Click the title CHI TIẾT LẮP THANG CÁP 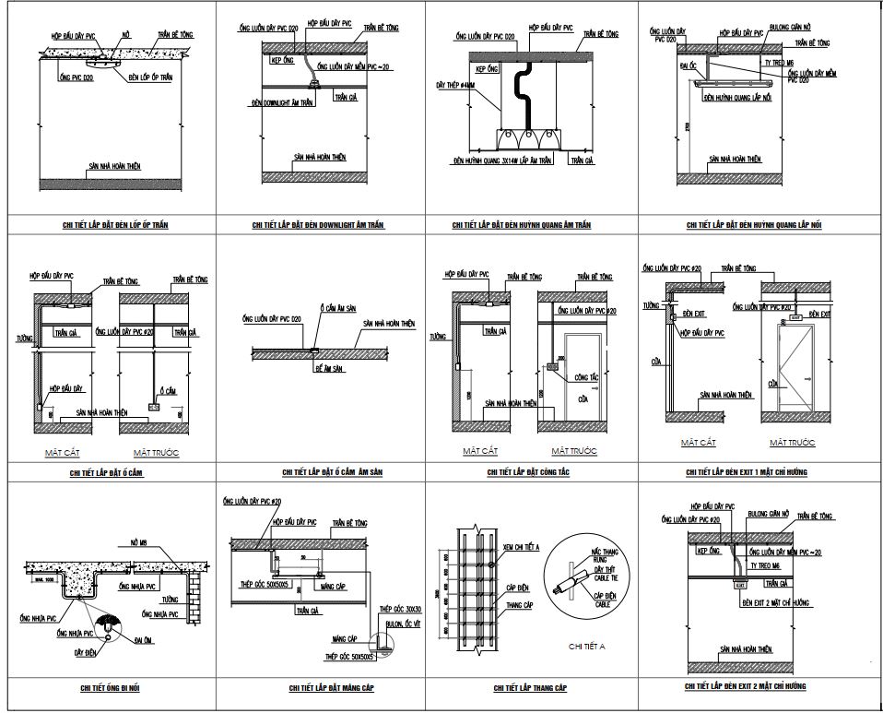coord(530,688)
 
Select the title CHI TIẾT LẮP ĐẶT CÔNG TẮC coord(528,472)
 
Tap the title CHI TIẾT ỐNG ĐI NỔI coord(110,687)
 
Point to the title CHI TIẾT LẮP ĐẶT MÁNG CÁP coord(319,687)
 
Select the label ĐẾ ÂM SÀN coord(328,367)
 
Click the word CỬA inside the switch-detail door coord(583,400)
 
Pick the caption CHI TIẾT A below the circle coord(587,646)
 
